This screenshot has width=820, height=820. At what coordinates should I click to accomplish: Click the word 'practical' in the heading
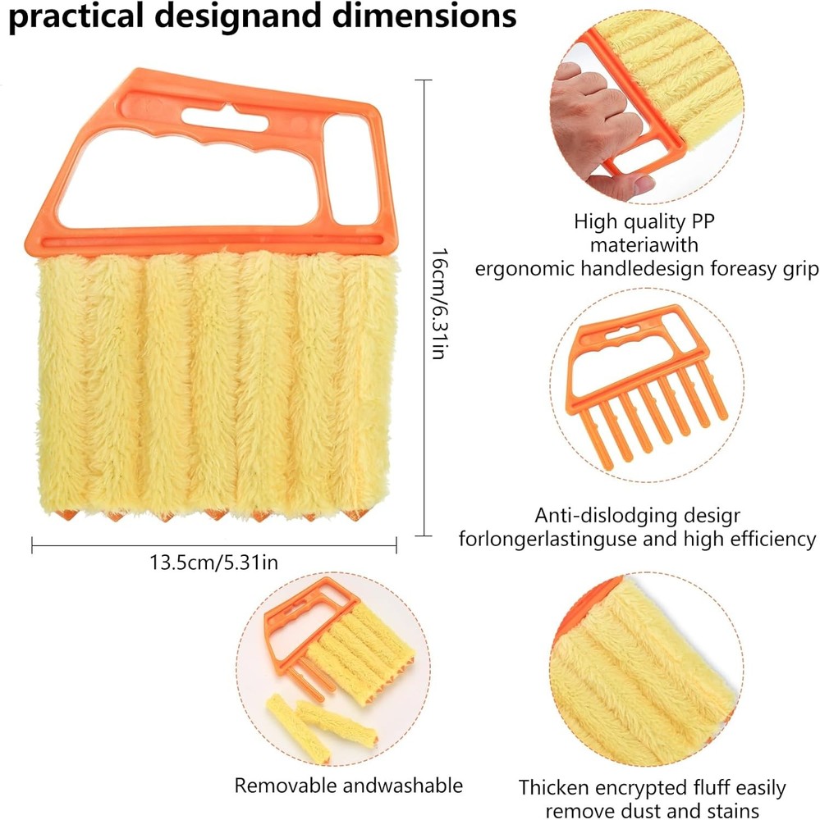[76, 16]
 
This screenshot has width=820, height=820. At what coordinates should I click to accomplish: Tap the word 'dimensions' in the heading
[424, 15]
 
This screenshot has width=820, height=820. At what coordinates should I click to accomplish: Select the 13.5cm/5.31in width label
[213, 563]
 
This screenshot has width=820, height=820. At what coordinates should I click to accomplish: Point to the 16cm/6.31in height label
[439, 303]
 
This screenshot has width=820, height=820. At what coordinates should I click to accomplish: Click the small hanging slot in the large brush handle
[225, 118]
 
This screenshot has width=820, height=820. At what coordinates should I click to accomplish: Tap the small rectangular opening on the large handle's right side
[351, 171]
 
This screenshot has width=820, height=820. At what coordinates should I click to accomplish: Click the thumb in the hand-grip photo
[623, 185]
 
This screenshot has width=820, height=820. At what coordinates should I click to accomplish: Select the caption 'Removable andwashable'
[348, 786]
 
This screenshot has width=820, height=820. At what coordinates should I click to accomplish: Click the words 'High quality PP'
[644, 221]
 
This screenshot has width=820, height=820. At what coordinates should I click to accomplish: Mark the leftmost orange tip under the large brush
[66, 515]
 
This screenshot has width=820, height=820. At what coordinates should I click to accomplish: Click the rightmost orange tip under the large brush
[355, 515]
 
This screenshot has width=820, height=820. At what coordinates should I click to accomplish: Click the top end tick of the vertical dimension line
[423, 80]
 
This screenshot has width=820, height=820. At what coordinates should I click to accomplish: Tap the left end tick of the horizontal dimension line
[32, 545]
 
